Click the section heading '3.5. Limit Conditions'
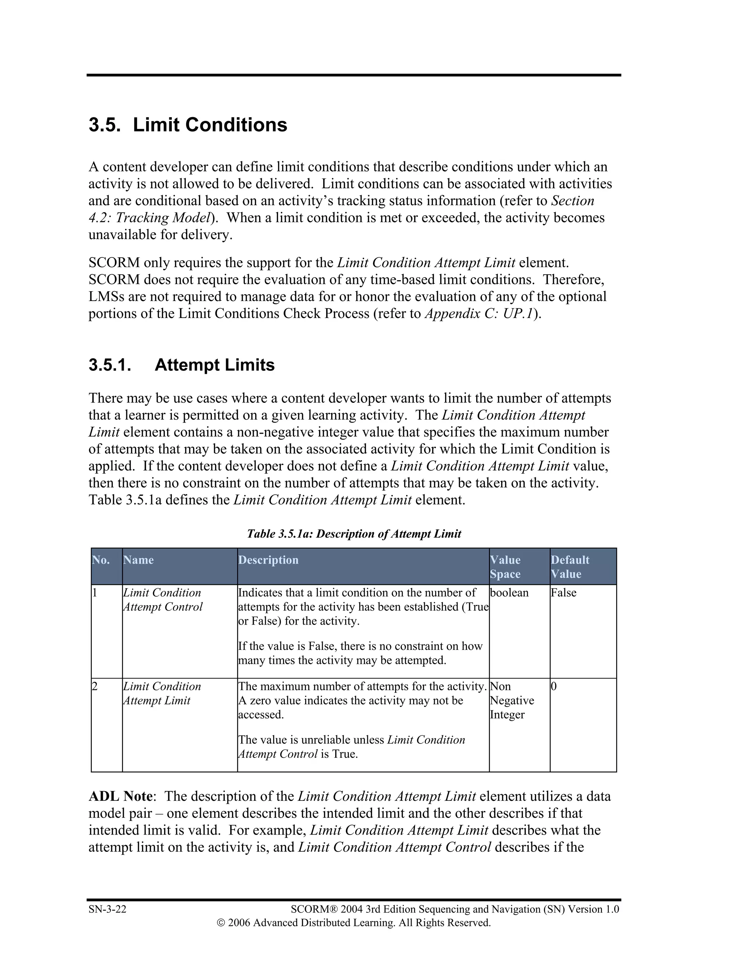(188, 125)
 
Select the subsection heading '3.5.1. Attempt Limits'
(181, 365)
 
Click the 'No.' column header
(101, 560)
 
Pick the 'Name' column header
(138, 560)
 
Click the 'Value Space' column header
(505, 567)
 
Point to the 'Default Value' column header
(570, 567)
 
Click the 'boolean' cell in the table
(509, 593)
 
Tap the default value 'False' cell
(564, 593)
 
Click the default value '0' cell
(554, 687)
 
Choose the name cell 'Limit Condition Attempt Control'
(163, 600)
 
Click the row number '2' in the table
(94, 687)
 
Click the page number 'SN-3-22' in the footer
(107, 909)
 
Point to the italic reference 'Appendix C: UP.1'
(478, 314)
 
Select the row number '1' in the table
(94, 593)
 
